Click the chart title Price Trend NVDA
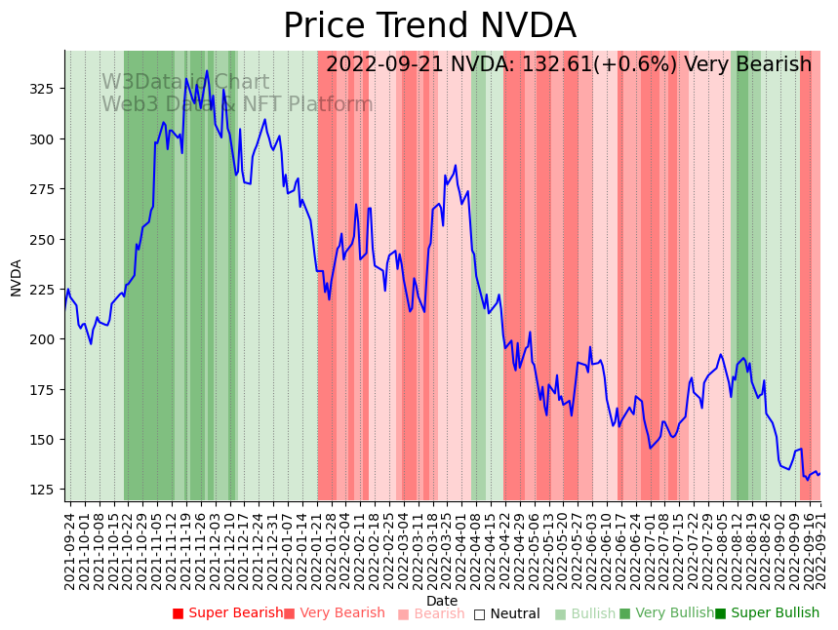point(429,26)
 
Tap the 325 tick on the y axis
point(48,89)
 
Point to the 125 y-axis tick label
point(48,490)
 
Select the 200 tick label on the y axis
point(48,339)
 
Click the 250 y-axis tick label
point(48,239)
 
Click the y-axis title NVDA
point(17,277)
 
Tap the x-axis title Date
point(442,601)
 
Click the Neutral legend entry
point(513,614)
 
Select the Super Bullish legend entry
point(773,613)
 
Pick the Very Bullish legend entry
point(673,613)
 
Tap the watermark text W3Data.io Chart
point(185,83)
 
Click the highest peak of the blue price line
point(207,70)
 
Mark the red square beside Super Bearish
point(178,613)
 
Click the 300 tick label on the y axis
point(48,138)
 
